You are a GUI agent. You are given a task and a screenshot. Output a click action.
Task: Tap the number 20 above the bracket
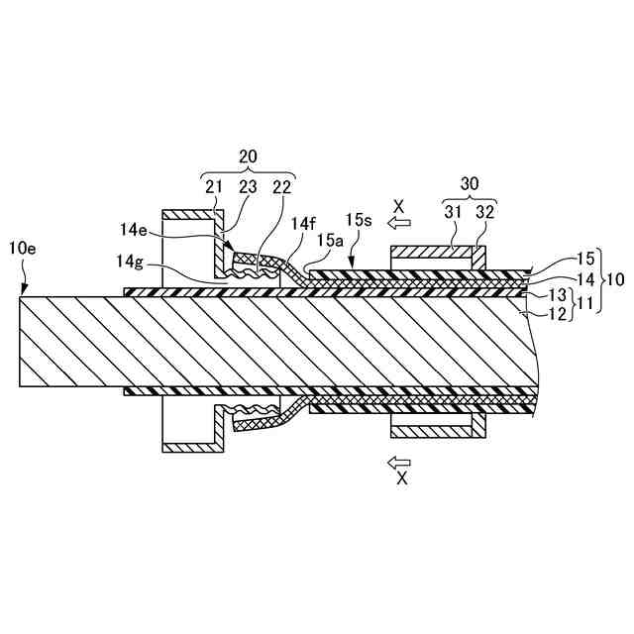click(x=248, y=156)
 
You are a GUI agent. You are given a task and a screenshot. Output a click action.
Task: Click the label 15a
click(x=331, y=241)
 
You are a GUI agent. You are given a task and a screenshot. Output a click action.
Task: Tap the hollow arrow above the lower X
click(x=399, y=462)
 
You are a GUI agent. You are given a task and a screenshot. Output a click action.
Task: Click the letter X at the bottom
click(x=400, y=478)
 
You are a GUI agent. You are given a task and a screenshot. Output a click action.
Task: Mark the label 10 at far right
click(x=615, y=278)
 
